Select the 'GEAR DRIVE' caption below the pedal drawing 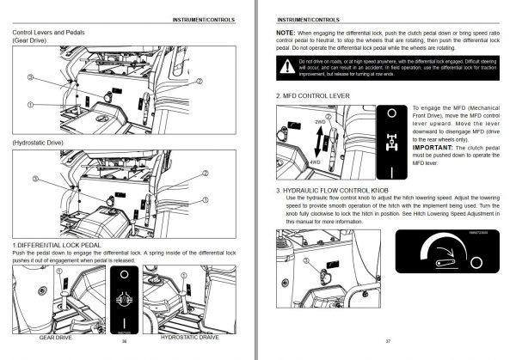[x=53, y=338]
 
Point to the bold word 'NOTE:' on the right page [x=286, y=31]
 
